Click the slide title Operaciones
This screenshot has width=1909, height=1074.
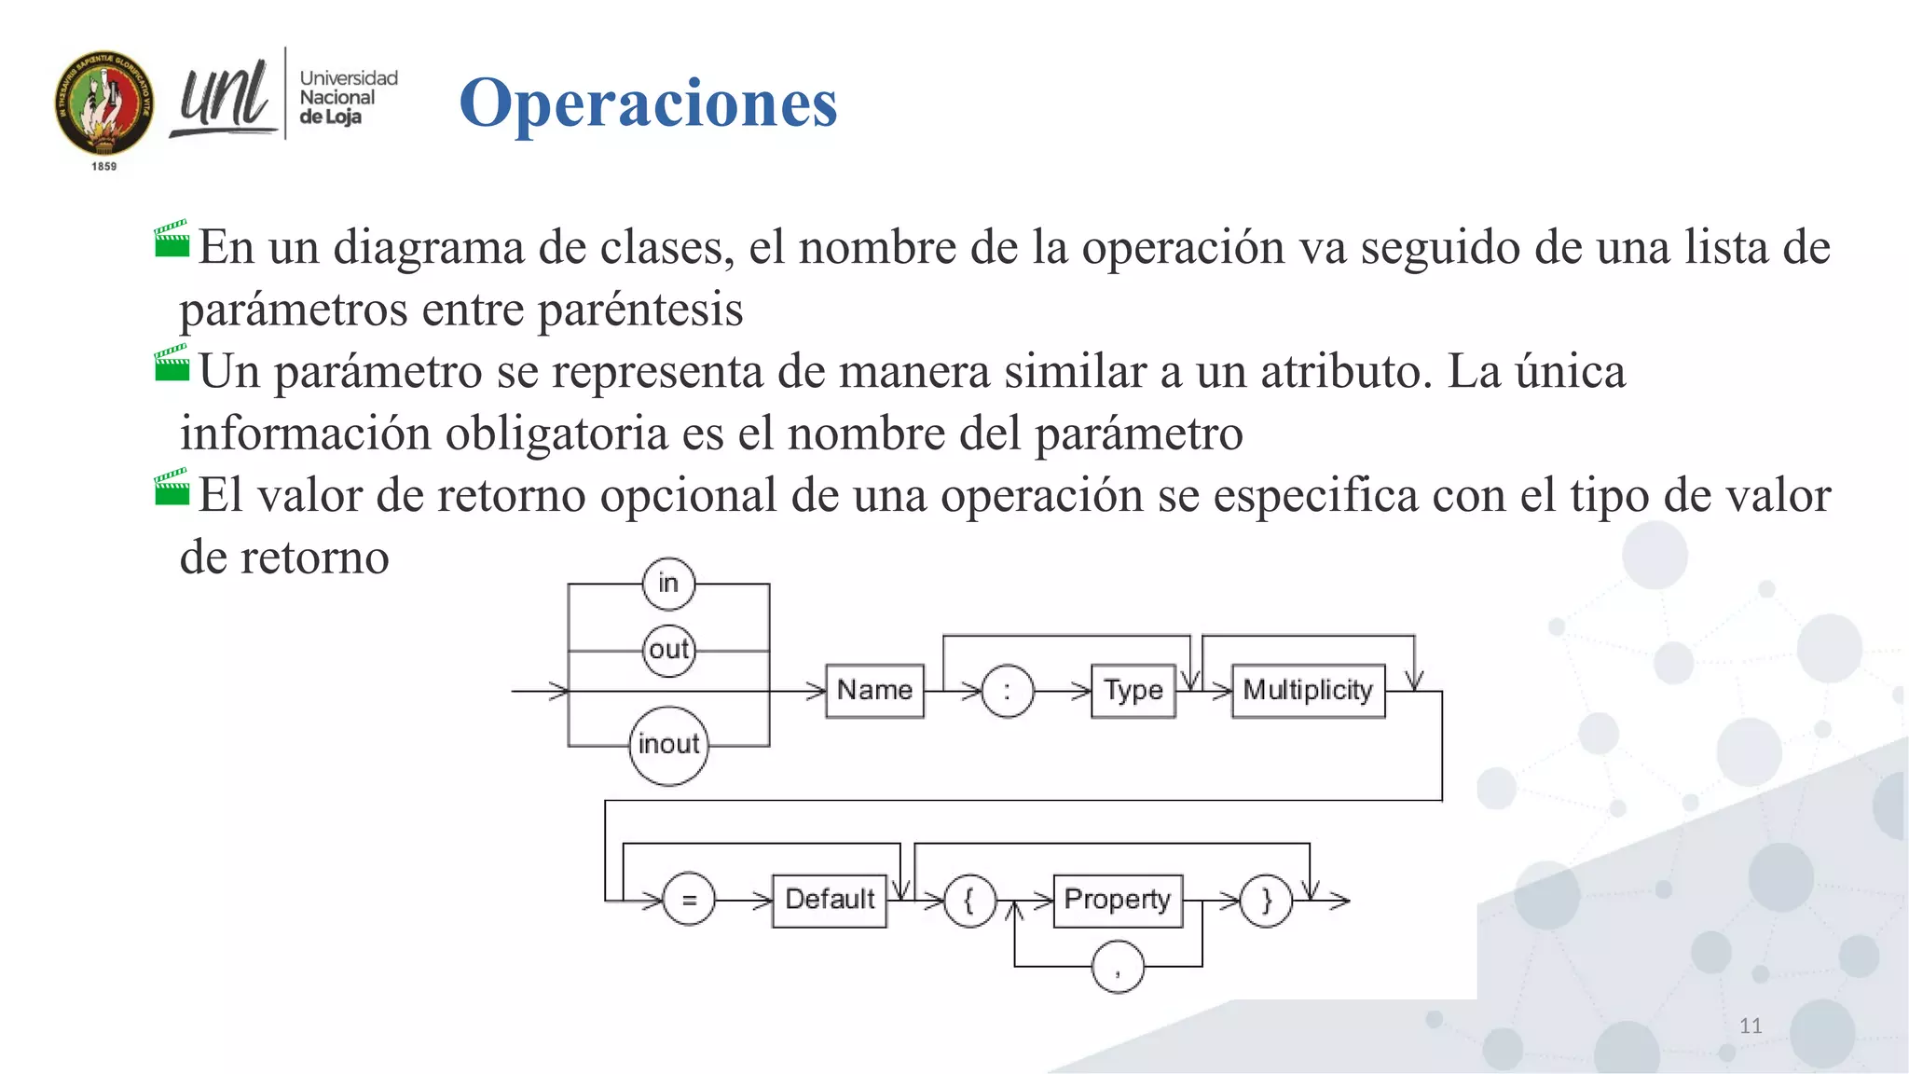click(x=648, y=103)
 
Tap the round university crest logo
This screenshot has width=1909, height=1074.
click(x=103, y=103)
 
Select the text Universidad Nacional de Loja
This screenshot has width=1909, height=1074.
click(x=347, y=97)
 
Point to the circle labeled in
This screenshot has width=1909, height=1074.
click(x=668, y=584)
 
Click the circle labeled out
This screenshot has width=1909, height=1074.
click(x=668, y=650)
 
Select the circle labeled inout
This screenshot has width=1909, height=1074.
click(x=668, y=745)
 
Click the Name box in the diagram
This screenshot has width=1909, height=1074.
click(x=874, y=691)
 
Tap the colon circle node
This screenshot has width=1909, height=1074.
click(x=1007, y=692)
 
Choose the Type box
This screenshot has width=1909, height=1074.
click(x=1133, y=691)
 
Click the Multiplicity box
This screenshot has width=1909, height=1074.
click(x=1308, y=691)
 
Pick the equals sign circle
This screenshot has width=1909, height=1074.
click(x=689, y=900)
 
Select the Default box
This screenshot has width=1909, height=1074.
click(x=830, y=900)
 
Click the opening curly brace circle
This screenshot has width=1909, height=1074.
click(x=969, y=901)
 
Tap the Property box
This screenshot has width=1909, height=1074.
click(x=1117, y=900)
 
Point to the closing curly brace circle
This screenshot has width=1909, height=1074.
click(x=1266, y=901)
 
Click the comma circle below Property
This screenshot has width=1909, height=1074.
click(x=1118, y=968)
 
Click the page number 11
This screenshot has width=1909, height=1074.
click(x=1750, y=1026)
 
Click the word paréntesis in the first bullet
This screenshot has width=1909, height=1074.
click(x=640, y=310)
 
